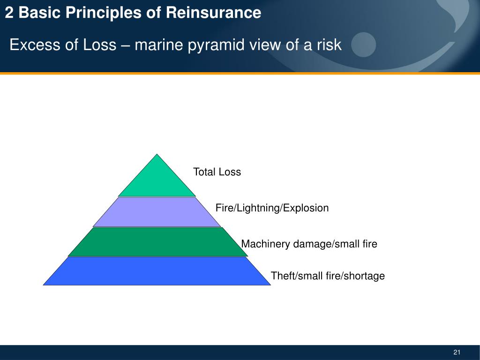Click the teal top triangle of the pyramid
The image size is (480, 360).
click(157, 180)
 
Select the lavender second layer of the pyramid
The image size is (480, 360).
click(157, 212)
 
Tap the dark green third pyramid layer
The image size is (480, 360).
click(157, 242)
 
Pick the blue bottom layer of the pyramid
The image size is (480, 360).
click(157, 271)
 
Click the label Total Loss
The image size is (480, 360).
click(217, 172)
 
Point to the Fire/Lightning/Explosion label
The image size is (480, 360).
click(272, 208)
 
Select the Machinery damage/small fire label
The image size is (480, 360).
click(309, 244)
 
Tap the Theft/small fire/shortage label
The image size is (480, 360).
click(328, 276)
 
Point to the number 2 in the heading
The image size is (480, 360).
click(9, 13)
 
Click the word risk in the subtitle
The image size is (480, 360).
click(329, 45)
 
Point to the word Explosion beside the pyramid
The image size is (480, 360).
click(307, 208)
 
